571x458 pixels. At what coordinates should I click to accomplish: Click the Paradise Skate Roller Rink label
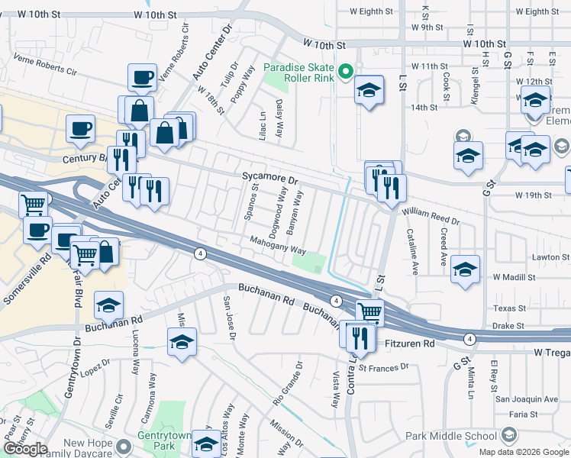pyautogui.click(x=298, y=73)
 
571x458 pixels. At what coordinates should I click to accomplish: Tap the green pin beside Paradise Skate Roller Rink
pyautogui.click(x=346, y=73)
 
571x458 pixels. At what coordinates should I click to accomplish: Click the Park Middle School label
pyautogui.click(x=451, y=436)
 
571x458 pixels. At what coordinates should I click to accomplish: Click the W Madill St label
pyautogui.click(x=516, y=276)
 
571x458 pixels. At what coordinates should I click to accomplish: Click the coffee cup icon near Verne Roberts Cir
pyautogui.click(x=142, y=77)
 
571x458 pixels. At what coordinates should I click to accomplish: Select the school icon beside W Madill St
pyautogui.click(x=465, y=269)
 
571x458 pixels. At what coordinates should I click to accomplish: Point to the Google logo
pyautogui.click(x=25, y=449)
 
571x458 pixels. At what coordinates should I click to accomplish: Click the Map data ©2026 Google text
pyautogui.click(x=523, y=452)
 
